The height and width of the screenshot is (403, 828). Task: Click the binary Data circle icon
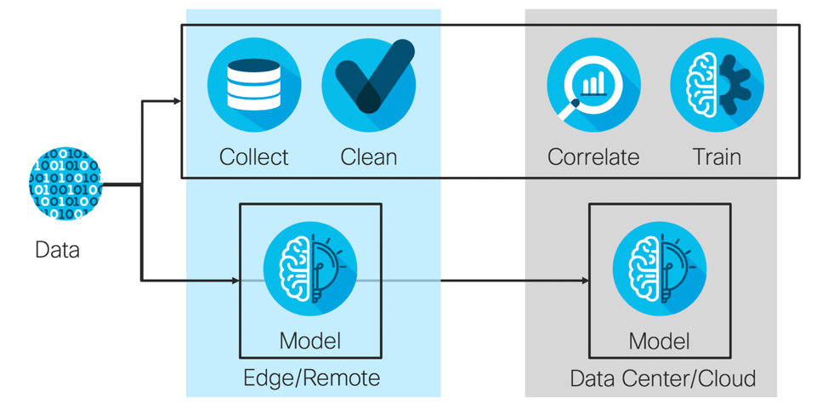pyautogui.click(x=65, y=183)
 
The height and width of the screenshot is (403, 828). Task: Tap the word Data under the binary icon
pyautogui.click(x=57, y=250)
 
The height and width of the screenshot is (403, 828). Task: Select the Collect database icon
pyautogui.click(x=254, y=85)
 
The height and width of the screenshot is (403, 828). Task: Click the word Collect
pyautogui.click(x=253, y=157)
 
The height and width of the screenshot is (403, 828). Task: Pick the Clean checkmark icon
pyautogui.click(x=369, y=85)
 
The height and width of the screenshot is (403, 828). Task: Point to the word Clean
pyautogui.click(x=369, y=157)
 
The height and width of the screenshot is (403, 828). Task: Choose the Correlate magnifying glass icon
pyautogui.click(x=593, y=85)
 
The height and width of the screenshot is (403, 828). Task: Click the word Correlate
pyautogui.click(x=593, y=157)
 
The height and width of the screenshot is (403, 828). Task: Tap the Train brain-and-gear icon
pyautogui.click(x=717, y=85)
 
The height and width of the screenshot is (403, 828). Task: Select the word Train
pyautogui.click(x=717, y=157)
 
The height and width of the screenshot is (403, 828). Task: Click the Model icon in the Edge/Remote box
pyautogui.click(x=310, y=269)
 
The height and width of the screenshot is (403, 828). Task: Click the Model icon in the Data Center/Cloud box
pyautogui.click(x=660, y=269)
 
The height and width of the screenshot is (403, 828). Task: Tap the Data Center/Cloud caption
pyautogui.click(x=663, y=377)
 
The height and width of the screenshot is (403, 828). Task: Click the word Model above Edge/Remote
pyautogui.click(x=310, y=342)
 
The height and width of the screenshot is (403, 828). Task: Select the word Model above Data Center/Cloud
pyautogui.click(x=660, y=342)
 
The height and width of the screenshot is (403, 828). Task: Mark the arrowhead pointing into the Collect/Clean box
pyautogui.click(x=177, y=101)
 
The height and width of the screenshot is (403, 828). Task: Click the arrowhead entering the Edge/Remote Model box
pyautogui.click(x=235, y=280)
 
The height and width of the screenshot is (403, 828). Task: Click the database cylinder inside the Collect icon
pyautogui.click(x=254, y=82)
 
